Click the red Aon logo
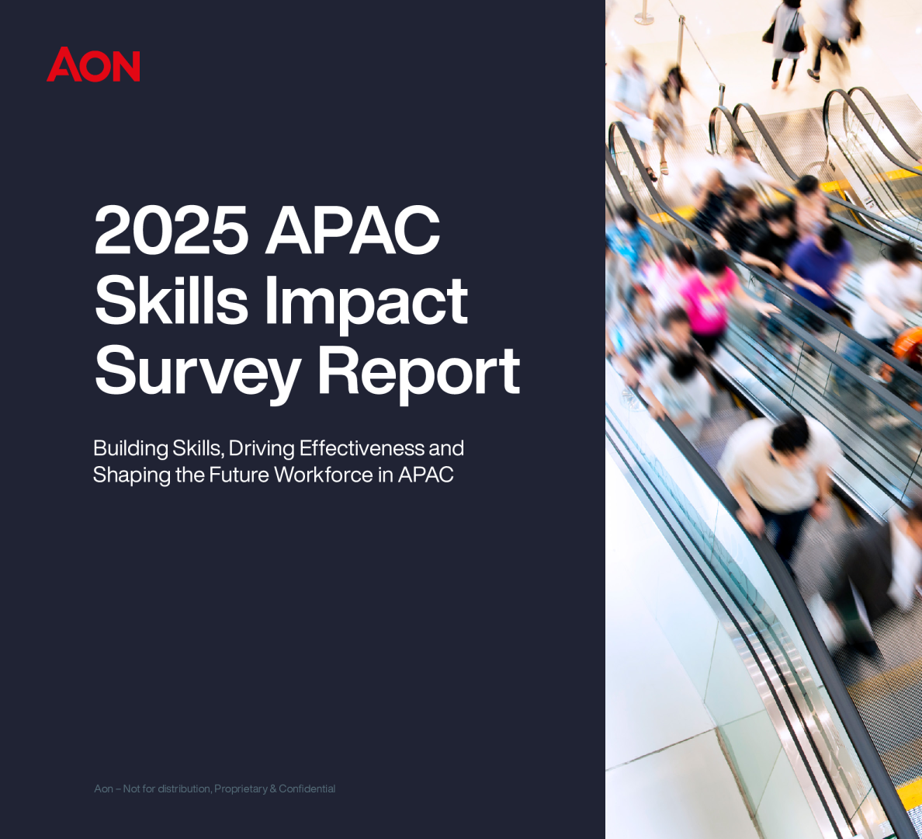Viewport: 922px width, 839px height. [93, 64]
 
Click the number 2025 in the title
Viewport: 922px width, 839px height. [171, 230]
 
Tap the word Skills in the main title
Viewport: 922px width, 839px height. [171, 300]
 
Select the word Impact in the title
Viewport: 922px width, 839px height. [366, 305]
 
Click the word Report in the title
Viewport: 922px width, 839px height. [419, 374]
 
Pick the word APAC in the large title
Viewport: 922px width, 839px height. [353, 230]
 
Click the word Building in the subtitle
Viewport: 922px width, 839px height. [130, 449]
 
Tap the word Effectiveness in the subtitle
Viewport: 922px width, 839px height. [361, 448]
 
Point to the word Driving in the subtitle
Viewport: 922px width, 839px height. [262, 449]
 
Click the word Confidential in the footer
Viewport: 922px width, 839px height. [307, 789]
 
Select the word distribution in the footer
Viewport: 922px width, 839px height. [181, 789]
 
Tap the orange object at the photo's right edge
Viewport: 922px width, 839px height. [908, 344]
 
